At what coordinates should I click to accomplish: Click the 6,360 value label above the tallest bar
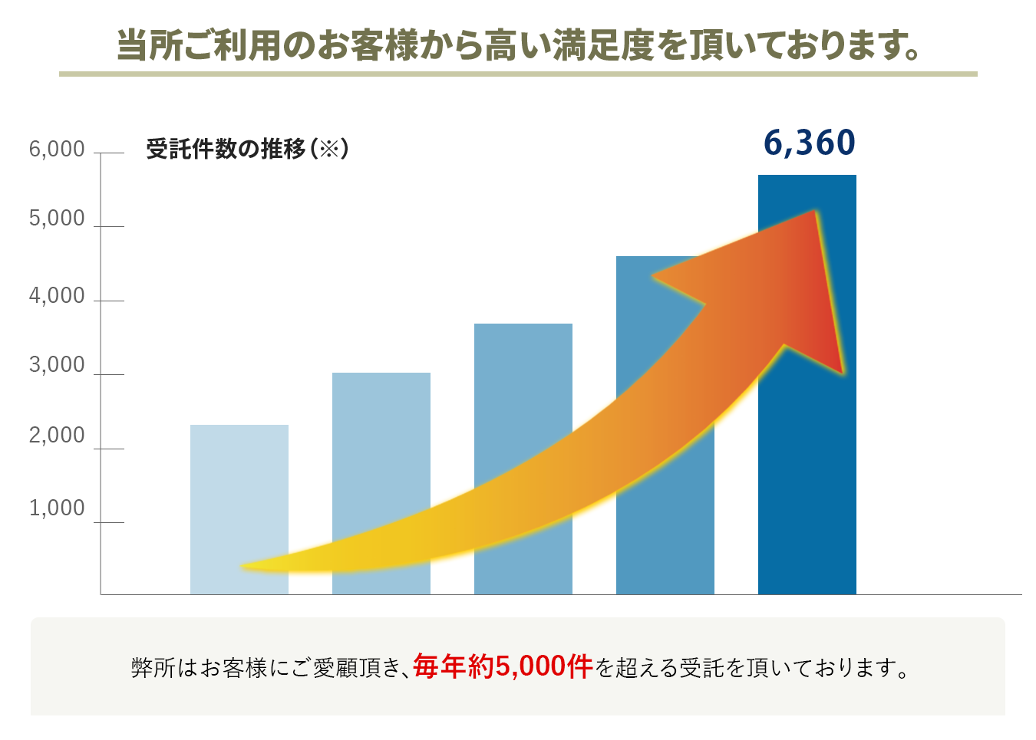pyautogui.click(x=809, y=143)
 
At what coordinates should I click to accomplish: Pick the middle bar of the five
pyautogui.click(x=523, y=399)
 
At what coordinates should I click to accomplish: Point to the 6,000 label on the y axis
pyautogui.click(x=57, y=149)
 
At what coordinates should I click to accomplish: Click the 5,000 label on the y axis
pyautogui.click(x=57, y=219)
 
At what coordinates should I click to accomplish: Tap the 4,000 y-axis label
pyautogui.click(x=57, y=295)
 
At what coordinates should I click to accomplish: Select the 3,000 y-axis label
pyautogui.click(x=57, y=365)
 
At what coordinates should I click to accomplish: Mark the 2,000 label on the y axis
pyautogui.click(x=57, y=435)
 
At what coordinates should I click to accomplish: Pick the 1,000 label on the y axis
pyautogui.click(x=57, y=508)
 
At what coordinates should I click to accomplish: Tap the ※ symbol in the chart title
pyautogui.click(x=329, y=148)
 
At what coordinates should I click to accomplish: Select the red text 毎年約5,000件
pyautogui.click(x=503, y=666)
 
